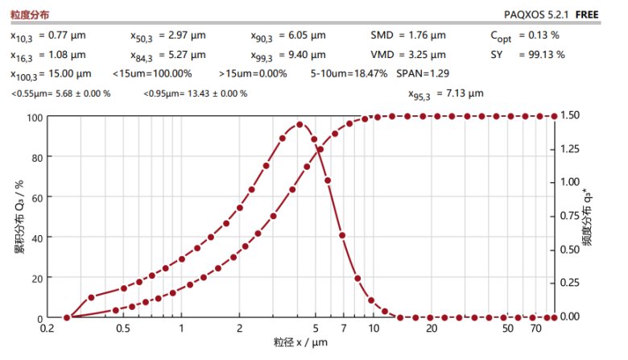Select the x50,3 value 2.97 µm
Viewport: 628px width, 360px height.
[x=190, y=35]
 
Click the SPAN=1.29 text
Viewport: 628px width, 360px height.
[x=423, y=73]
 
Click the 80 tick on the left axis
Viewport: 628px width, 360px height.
[x=35, y=157]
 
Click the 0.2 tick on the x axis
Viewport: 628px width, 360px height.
[x=49, y=329]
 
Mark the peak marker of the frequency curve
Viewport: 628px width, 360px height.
[x=300, y=125]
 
